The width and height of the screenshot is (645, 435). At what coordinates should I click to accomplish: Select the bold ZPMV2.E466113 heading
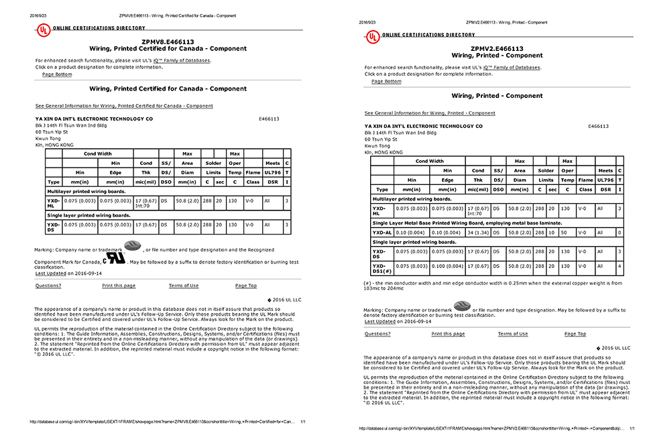[x=497, y=49]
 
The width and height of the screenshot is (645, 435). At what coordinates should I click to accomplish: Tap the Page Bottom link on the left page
[x=57, y=74]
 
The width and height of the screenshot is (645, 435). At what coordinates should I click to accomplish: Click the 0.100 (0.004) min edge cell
[x=447, y=266]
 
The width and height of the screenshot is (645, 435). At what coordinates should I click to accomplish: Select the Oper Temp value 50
[x=567, y=232]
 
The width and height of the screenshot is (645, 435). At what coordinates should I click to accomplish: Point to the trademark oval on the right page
[x=462, y=306]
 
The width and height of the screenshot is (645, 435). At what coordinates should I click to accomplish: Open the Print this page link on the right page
[x=448, y=334]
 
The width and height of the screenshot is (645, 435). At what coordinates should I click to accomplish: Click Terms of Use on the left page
[x=184, y=286]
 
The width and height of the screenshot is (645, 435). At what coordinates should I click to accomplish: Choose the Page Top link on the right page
[x=575, y=334]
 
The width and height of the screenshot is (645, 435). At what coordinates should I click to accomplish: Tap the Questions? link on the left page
[x=48, y=286]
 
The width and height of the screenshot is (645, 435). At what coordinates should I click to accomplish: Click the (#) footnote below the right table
[x=493, y=286]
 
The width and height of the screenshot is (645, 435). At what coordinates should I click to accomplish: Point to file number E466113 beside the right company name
[x=598, y=126]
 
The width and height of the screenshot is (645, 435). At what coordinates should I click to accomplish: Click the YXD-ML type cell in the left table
[x=53, y=202]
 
